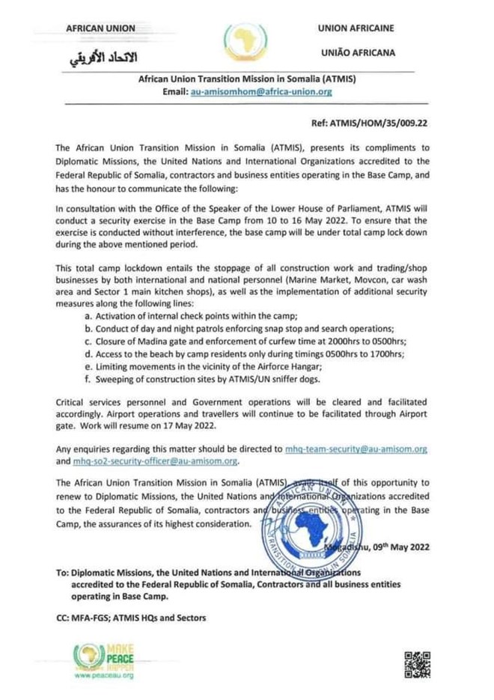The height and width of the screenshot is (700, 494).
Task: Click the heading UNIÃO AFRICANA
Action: (357, 53)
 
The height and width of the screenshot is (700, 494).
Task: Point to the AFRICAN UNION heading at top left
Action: (100, 28)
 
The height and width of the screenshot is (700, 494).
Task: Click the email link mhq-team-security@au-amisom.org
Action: (356, 449)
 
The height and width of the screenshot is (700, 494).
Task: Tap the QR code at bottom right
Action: (418, 665)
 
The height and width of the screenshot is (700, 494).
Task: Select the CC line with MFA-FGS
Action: (131, 618)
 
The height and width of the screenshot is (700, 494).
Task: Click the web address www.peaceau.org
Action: (104, 676)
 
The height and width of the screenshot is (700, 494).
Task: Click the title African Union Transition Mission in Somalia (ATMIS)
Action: (247, 79)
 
